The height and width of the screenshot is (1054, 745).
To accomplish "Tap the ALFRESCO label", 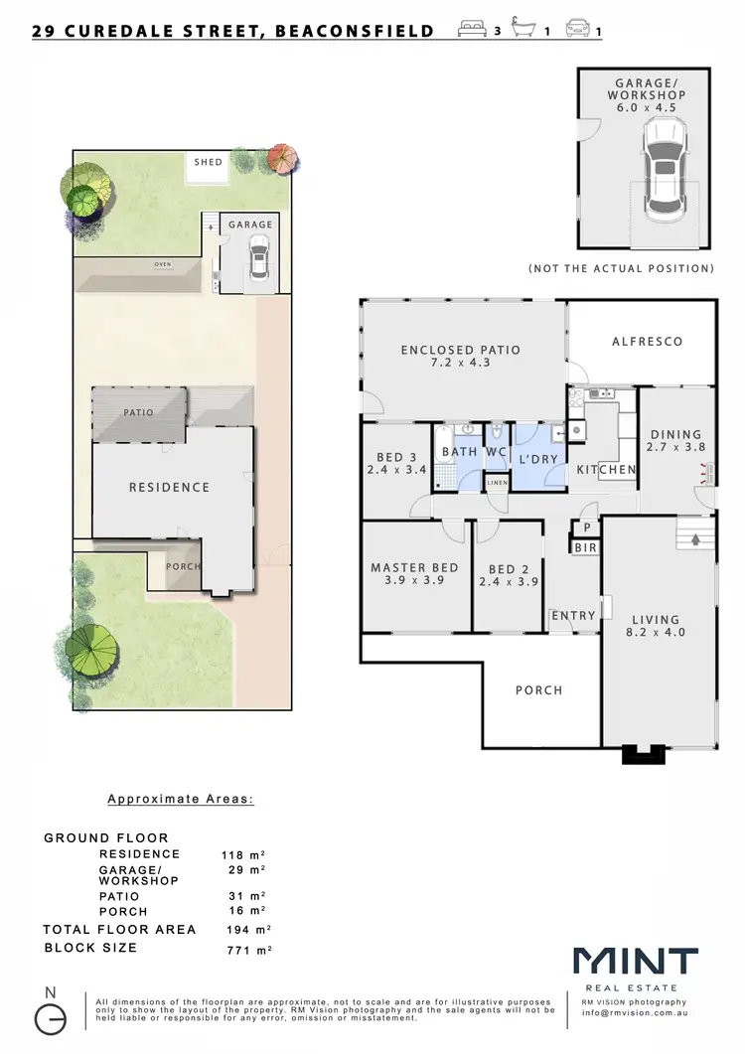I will (647, 341).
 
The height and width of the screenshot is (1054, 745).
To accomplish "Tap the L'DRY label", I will (536, 459).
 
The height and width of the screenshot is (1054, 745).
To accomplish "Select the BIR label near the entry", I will (584, 546).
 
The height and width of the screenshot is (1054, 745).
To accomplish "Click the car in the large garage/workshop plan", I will (665, 171).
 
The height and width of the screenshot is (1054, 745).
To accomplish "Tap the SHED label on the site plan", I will (209, 162).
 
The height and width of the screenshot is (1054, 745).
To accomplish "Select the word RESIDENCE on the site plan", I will (169, 487).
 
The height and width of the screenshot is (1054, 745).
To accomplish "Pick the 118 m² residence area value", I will (242, 854).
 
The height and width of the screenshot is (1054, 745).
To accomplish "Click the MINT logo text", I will (635, 960).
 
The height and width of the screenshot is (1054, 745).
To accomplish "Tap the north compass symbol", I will (52, 1017).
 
